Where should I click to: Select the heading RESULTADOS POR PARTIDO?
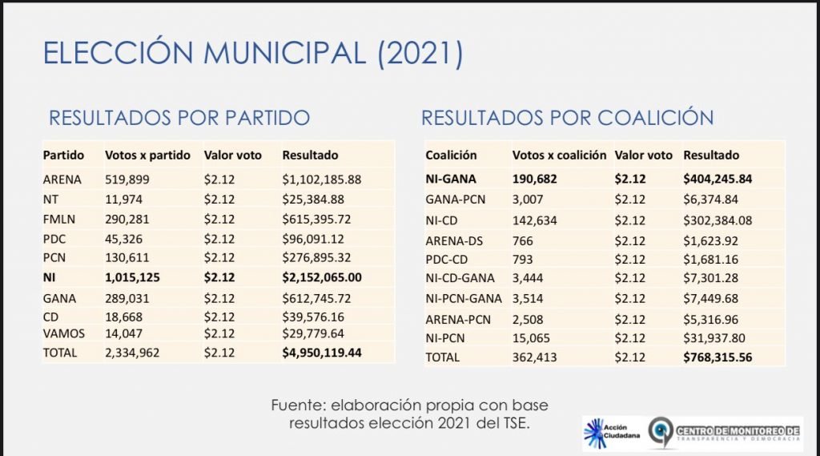(179, 118)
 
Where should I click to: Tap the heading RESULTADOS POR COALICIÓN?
(567, 118)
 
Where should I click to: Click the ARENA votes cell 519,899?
(127, 180)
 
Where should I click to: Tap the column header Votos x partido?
(147, 155)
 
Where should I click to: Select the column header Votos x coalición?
(559, 155)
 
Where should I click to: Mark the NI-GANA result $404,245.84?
(717, 180)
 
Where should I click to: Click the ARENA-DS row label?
(454, 240)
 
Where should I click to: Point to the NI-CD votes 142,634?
(534, 220)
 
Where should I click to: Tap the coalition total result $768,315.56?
(717, 357)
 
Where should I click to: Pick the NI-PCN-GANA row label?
(464, 298)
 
